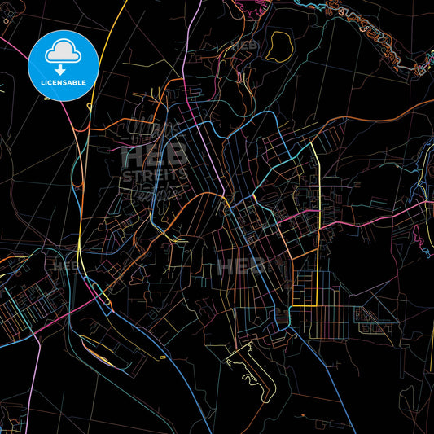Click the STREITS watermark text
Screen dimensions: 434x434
(x=154, y=174)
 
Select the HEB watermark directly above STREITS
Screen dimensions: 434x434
(x=155, y=156)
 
